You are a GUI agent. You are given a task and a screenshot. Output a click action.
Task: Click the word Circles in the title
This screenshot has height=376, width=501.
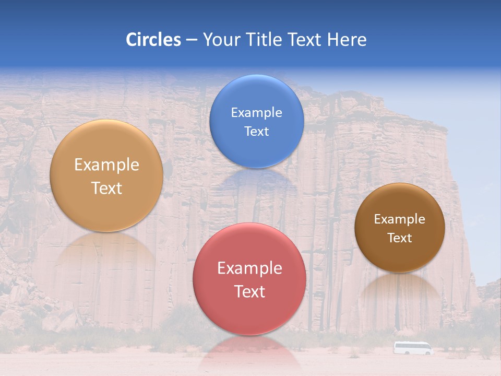[153, 40]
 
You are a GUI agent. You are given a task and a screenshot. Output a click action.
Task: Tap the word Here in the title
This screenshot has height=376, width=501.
[347, 40]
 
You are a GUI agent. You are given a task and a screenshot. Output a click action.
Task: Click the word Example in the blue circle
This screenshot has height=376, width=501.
[256, 113]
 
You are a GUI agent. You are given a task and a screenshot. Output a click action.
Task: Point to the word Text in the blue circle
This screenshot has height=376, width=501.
[256, 132]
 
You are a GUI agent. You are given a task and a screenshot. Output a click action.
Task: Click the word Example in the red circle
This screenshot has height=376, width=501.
[249, 268]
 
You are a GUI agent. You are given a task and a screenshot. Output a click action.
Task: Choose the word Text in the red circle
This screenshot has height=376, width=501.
[249, 291]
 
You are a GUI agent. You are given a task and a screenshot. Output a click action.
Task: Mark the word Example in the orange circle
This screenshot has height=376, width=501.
[106, 165]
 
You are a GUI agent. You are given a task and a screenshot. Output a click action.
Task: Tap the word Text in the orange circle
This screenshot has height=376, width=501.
[106, 188]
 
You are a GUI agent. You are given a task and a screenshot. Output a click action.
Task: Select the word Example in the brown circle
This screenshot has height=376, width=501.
[400, 219]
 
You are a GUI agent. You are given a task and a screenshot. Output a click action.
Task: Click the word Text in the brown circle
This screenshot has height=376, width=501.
[400, 238]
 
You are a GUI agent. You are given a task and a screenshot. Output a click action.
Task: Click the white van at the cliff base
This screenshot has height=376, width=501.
[413, 348]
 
